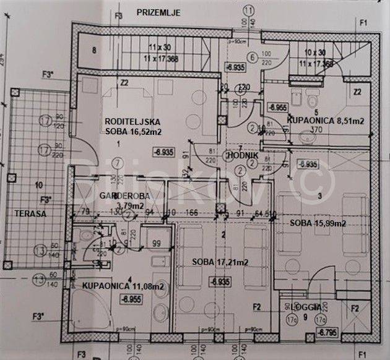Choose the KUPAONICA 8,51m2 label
coord(324,121)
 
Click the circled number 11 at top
coord(249,11)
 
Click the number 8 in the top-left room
coord(94,51)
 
